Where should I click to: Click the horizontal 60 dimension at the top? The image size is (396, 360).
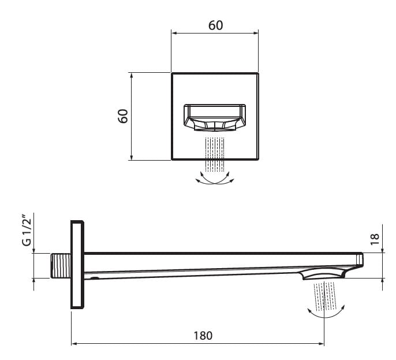pyautogui.click(x=215, y=25)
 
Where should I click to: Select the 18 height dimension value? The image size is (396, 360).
pyautogui.click(x=375, y=239)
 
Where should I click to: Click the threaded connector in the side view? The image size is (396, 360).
pyautogui.click(x=60, y=266)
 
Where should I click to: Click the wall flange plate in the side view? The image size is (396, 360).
pyautogui.click(x=77, y=265)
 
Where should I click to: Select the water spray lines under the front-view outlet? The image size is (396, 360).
pyautogui.click(x=215, y=154)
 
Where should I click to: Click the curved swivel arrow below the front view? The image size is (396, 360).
pyautogui.click(x=215, y=179)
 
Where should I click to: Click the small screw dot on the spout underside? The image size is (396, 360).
pyautogui.click(x=94, y=278)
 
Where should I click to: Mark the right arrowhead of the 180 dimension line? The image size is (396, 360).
pyautogui.click(x=322, y=344)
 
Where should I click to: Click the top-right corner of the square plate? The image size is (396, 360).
pyautogui.click(x=258, y=73)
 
